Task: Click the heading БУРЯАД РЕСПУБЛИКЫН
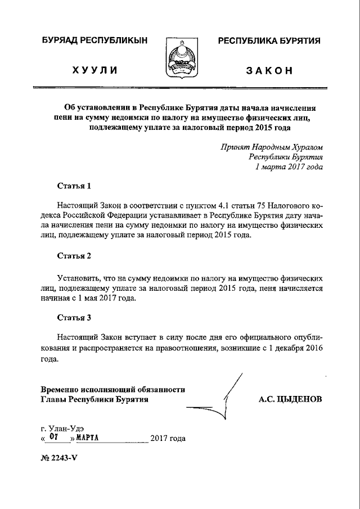[94, 40]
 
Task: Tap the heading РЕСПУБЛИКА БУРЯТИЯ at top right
[269, 40]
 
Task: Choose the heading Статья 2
[74, 256]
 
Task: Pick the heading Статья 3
[74, 317]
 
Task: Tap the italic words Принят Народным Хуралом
[272, 147]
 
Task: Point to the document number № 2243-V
[58, 457]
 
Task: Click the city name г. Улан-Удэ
[62, 428]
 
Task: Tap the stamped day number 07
[53, 437]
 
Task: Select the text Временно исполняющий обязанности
[112, 389]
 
